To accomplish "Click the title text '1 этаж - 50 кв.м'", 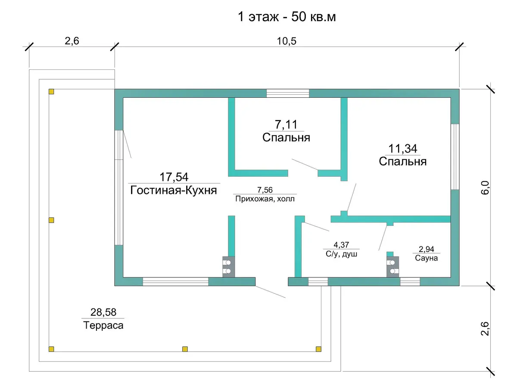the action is point(287,17).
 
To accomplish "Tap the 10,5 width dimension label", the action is point(287,41).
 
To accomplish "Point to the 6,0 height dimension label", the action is point(485,187).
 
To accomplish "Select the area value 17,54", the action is point(174,177).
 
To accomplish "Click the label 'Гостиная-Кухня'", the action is point(173,190).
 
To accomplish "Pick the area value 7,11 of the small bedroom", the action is point(286,124).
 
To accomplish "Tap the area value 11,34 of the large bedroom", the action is point(402,149).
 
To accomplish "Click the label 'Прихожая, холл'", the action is point(265,199).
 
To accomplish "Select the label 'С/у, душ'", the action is point(341,254).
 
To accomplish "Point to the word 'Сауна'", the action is point(427,258).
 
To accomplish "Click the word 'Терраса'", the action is point(103,325).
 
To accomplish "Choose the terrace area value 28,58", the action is point(103,312).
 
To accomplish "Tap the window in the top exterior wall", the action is point(288,93).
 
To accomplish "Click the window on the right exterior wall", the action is point(455,156).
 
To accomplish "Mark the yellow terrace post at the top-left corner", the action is point(51,91).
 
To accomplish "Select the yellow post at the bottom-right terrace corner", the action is point(318,349).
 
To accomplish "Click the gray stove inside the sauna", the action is point(392,267).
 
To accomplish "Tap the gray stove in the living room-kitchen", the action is point(228,267).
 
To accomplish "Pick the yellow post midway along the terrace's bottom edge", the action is point(185,349).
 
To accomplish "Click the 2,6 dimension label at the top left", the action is point(72,41).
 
